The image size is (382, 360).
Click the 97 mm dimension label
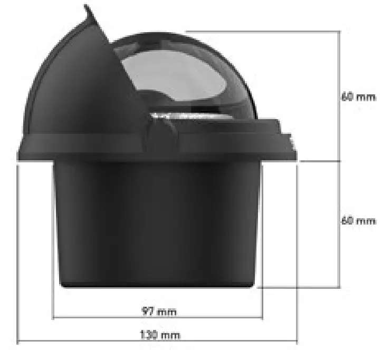158,312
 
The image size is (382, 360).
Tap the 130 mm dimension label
159,335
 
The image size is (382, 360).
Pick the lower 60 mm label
358,220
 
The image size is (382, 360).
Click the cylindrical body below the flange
158,221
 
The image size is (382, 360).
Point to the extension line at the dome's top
264,31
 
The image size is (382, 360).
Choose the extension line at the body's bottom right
301,287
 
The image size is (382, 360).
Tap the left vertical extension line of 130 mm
18,253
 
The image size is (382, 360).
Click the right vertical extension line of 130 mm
298,253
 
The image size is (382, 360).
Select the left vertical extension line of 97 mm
53,300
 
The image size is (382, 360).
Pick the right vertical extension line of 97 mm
262,300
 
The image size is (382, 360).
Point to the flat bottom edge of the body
158,286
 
